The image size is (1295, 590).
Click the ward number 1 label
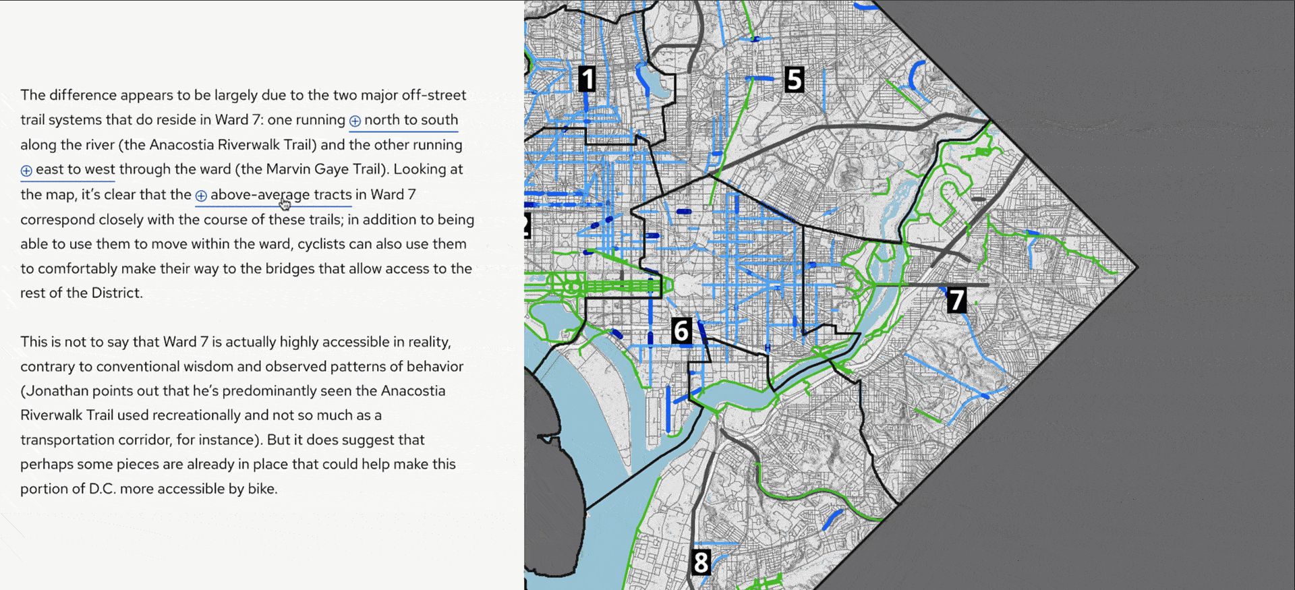(587, 79)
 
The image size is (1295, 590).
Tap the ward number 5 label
(794, 80)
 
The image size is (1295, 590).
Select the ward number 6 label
(681, 331)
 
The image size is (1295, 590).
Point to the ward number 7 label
(956, 300)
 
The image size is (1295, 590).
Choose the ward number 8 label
(701, 562)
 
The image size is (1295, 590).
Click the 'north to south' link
(411, 120)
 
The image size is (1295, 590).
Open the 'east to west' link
(75, 169)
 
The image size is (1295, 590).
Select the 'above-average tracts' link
(281, 195)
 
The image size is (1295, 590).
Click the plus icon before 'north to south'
(355, 121)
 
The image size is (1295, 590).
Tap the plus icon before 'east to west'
(26, 171)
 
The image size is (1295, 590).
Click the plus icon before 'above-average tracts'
(201, 196)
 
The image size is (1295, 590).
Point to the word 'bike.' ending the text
(262, 489)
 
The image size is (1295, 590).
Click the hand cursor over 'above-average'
(285, 204)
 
